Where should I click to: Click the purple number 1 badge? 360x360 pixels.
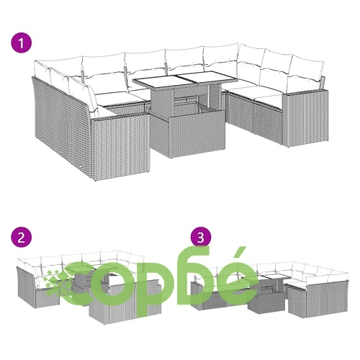tap(22, 43)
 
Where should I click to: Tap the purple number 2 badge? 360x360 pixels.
tap(22, 238)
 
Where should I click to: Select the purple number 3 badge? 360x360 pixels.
tap(201, 238)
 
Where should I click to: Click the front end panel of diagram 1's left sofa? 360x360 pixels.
tap(120, 145)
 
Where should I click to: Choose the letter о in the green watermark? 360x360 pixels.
tap(117, 283)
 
